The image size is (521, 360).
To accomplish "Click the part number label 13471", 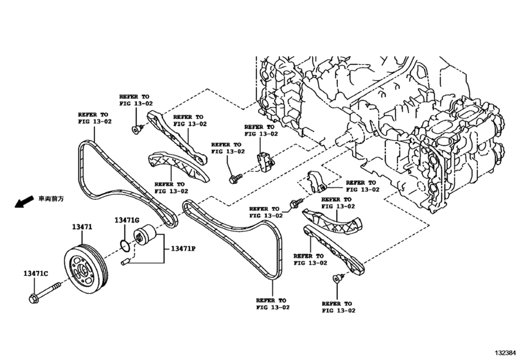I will click(82, 227).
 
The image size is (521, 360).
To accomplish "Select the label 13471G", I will click(127, 221).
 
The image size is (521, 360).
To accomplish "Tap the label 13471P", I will click(182, 248).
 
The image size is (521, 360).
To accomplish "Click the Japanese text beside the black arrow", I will click(51, 199).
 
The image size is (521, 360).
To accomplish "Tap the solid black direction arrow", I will click(24, 203).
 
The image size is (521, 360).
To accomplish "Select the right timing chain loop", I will click(244, 238).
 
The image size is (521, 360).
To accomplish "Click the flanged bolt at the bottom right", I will click(336, 278).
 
